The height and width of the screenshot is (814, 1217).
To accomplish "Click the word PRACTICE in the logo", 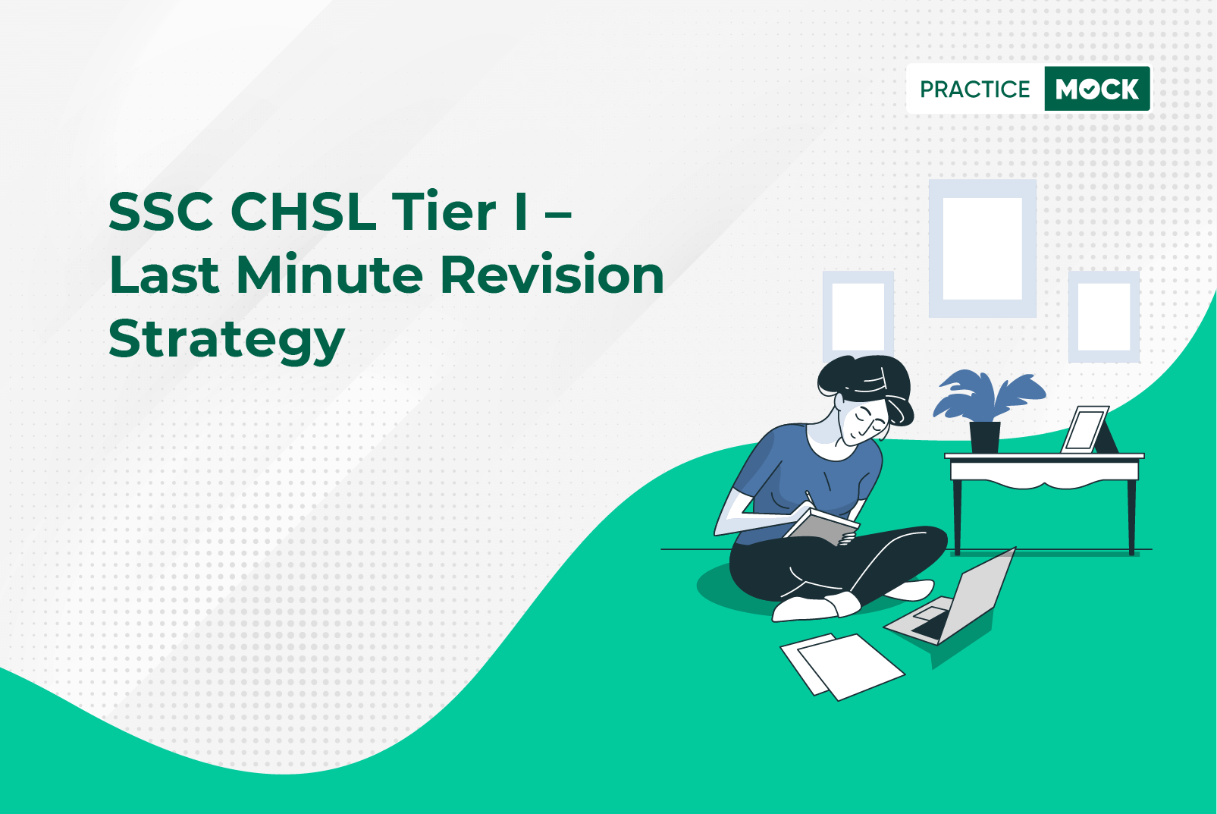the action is point(974,89).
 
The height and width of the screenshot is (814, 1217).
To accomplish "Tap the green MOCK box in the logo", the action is point(1097,89).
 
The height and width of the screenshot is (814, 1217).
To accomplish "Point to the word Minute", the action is point(329,275).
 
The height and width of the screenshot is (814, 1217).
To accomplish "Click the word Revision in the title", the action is point(552,275).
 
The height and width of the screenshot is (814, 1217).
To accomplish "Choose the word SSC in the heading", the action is point(161,212).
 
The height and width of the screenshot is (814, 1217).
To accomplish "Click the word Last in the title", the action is point(164,275).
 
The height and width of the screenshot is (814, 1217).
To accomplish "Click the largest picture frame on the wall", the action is point(983,187).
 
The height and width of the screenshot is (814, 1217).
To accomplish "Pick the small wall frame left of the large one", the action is point(858,277).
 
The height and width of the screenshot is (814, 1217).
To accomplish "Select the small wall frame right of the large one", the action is point(1104,277).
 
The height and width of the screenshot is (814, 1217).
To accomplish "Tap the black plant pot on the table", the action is point(985,438).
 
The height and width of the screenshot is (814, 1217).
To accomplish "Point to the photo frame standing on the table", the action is point(1086,429).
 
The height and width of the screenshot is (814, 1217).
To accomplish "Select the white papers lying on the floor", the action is point(842,665).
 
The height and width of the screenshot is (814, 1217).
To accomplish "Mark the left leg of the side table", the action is point(958,516).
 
